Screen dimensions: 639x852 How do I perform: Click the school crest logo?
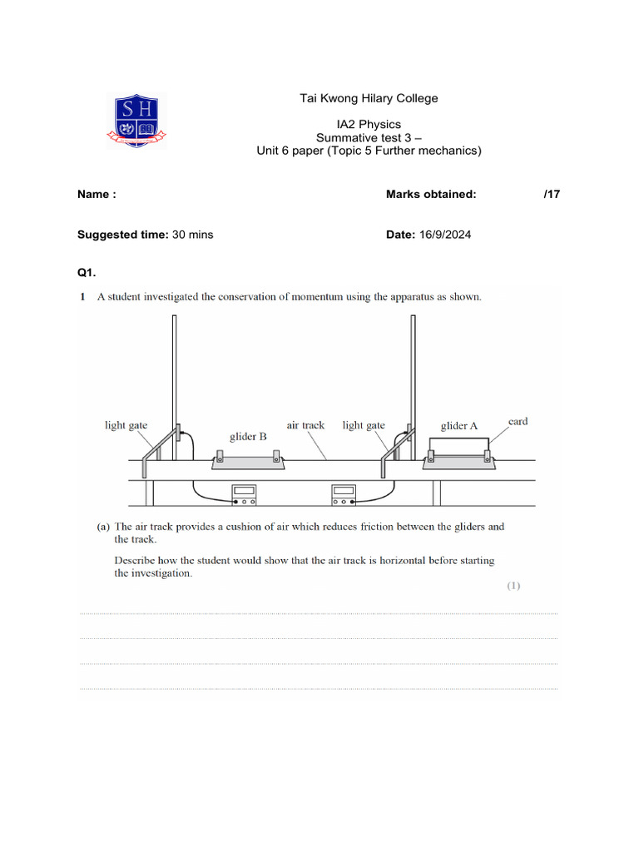pyautogui.click(x=138, y=121)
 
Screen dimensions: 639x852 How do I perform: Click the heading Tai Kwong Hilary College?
pyautogui.click(x=369, y=98)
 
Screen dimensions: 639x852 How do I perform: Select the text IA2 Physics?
pyautogui.click(x=369, y=125)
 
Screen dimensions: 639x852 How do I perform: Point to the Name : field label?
pyautogui.click(x=97, y=195)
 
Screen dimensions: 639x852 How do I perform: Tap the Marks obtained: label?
pyautogui.click(x=431, y=195)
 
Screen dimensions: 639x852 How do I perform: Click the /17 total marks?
pyautogui.click(x=552, y=195)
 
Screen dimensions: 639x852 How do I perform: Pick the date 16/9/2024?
pyautogui.click(x=444, y=235)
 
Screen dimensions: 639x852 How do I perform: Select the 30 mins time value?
pyautogui.click(x=192, y=235)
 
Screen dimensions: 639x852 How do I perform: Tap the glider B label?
pyautogui.click(x=248, y=436)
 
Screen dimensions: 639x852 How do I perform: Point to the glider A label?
pyautogui.click(x=459, y=426)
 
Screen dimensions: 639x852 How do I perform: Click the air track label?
pyautogui.click(x=305, y=425)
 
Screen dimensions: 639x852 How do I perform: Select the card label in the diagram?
pyautogui.click(x=518, y=421)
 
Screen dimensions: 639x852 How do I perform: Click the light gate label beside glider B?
pyautogui.click(x=126, y=425)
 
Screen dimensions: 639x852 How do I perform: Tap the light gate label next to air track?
pyautogui.click(x=364, y=425)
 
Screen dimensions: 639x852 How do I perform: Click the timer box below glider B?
pyautogui.click(x=244, y=495)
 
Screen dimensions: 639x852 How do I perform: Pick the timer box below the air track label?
pyautogui.click(x=344, y=495)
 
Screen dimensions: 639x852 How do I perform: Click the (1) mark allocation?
pyautogui.click(x=513, y=586)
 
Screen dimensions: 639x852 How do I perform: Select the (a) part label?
pyautogui.click(x=104, y=527)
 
